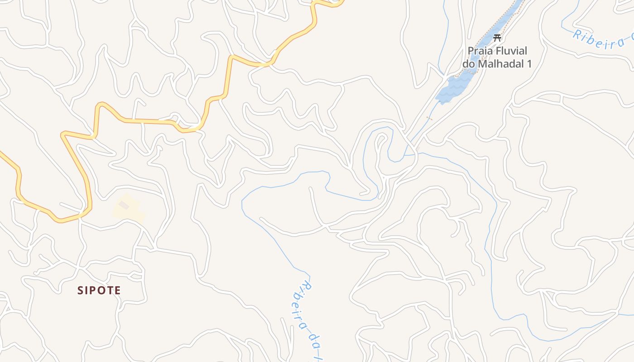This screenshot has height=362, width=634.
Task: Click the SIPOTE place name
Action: (99, 290)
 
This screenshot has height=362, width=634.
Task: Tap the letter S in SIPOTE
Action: (80, 290)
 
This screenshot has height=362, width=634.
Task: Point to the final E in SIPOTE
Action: (118, 290)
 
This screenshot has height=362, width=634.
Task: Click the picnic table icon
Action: (497, 38)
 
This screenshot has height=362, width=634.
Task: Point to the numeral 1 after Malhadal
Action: (528, 63)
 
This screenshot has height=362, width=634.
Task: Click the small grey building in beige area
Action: (124, 205)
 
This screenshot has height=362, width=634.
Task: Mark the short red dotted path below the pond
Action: (429, 119)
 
